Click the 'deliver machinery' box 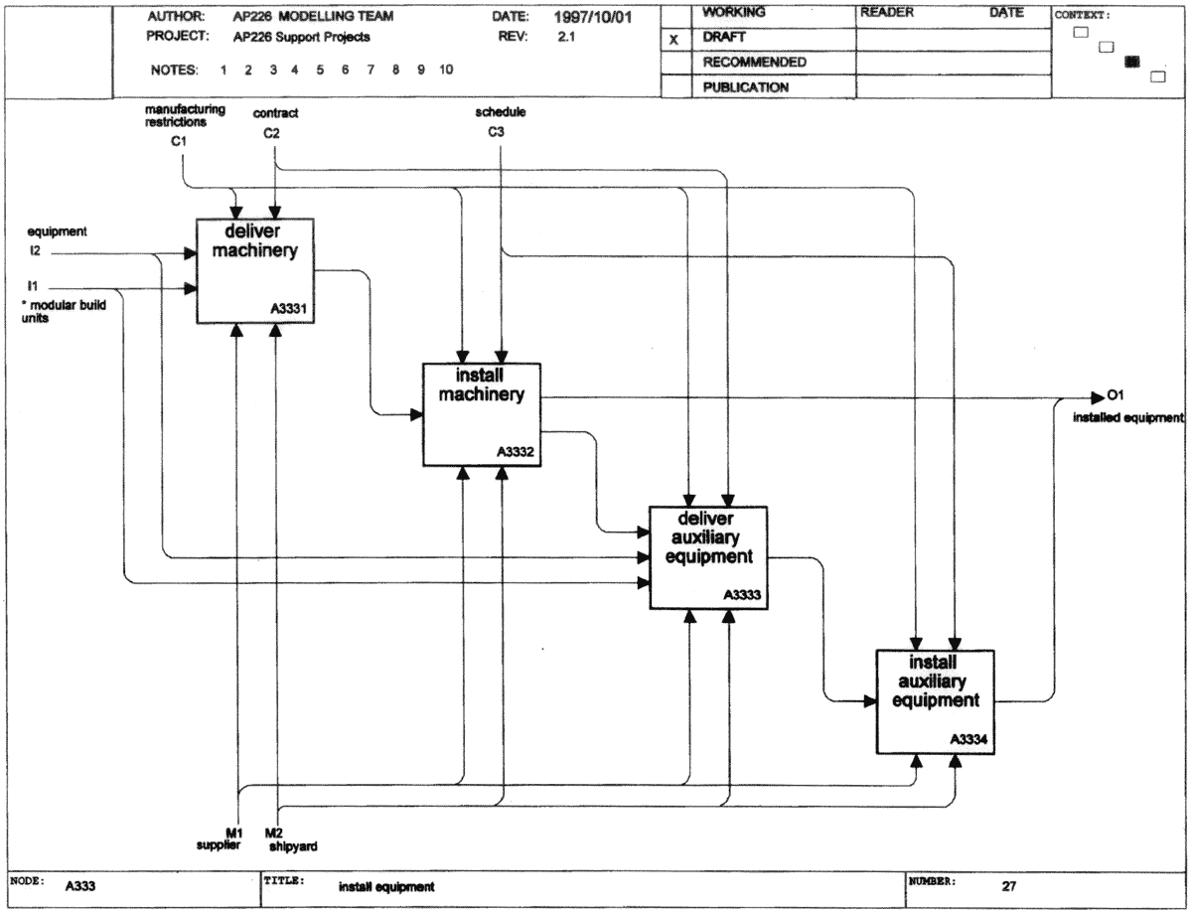255,271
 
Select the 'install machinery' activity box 482,414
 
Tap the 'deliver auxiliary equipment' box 708,557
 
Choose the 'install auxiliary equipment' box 936,701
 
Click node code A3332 516,452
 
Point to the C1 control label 179,141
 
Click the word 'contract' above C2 275,113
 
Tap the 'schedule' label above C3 501,112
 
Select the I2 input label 35,250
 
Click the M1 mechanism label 234,833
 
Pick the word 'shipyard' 293,846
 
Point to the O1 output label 1116,394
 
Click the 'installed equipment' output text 1127,418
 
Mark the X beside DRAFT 673,40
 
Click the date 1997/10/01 592,17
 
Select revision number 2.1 566,37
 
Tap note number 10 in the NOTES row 446,70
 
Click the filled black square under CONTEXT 1131,62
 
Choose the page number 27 1009,886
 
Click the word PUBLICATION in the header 746,87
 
